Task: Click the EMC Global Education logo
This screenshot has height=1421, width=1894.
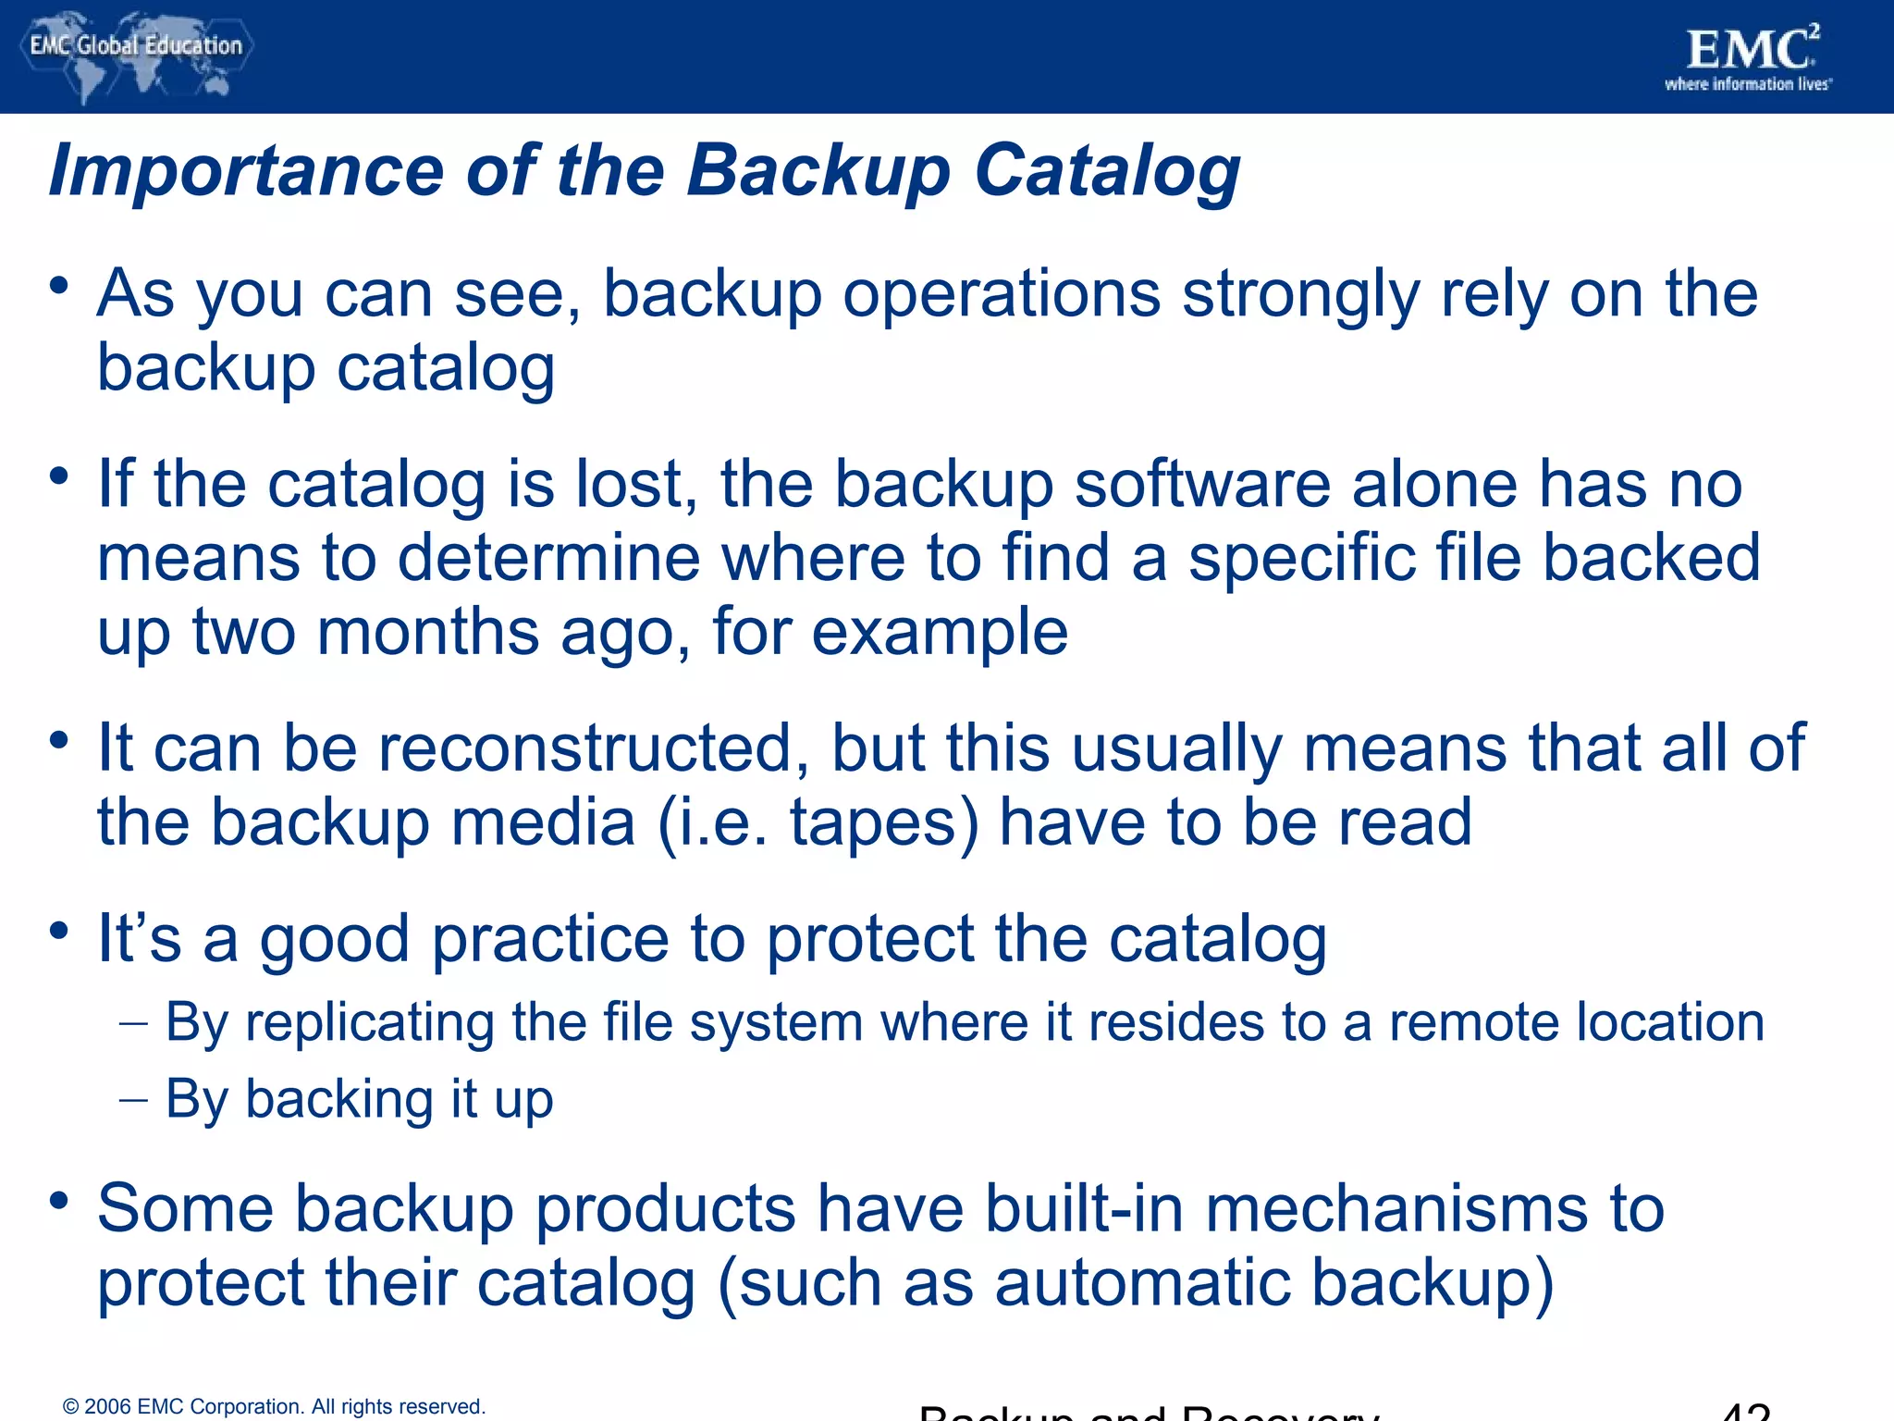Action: (x=136, y=54)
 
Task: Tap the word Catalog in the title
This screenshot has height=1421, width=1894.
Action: (x=1107, y=172)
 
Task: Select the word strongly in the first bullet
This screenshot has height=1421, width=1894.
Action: (x=1300, y=294)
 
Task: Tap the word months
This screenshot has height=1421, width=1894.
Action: (x=428, y=632)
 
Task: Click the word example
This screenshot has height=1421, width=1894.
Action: (x=940, y=634)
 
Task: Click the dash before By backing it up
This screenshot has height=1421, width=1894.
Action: (x=133, y=1101)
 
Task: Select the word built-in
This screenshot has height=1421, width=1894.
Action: (x=1083, y=1208)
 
